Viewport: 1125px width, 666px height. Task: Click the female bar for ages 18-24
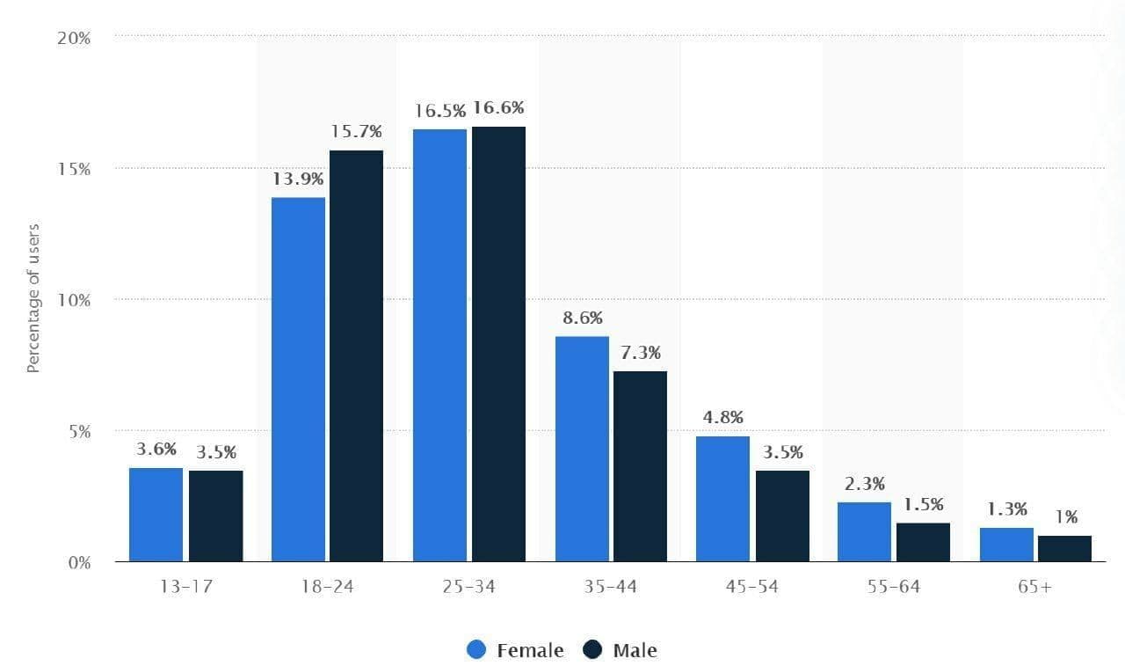tap(298, 379)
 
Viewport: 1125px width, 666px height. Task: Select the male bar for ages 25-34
tap(498, 344)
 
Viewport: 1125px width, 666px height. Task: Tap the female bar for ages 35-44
tap(582, 449)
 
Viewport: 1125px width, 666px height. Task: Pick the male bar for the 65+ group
tap(1064, 548)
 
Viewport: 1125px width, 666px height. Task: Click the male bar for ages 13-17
tap(215, 516)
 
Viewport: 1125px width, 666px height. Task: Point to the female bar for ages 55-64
tap(864, 531)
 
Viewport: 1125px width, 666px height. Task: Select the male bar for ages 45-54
tap(782, 516)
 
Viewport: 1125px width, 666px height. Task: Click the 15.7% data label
tap(356, 132)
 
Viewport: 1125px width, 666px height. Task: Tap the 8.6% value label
tap(582, 318)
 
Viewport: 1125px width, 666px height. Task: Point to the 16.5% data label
tap(440, 111)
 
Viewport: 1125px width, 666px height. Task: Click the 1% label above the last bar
tap(1066, 517)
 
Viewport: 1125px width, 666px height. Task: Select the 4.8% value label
tap(722, 417)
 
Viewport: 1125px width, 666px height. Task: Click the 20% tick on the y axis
tap(75, 38)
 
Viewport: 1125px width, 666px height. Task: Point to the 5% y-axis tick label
tap(79, 431)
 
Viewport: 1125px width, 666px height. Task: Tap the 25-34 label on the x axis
tap(469, 587)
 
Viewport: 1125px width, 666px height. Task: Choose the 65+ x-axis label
tap(1034, 587)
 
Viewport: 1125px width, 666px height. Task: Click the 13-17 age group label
tap(185, 587)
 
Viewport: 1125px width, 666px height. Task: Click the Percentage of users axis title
tap(33, 299)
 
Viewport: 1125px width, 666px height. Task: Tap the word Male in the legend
tap(635, 650)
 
